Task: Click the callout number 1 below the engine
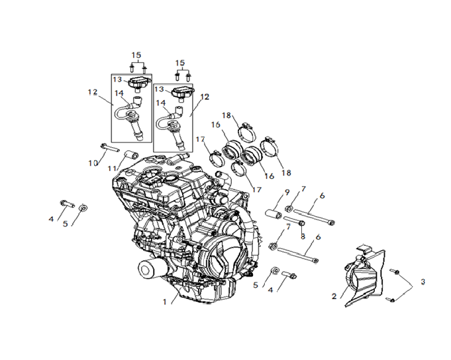point(164,302)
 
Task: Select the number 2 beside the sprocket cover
point(334,296)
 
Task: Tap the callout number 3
point(423,282)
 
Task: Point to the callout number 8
point(303,237)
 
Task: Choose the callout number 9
point(287,192)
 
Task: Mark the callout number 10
point(93,163)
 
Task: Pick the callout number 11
point(112,168)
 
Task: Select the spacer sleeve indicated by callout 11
point(131,155)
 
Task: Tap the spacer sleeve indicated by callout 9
point(274,215)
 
